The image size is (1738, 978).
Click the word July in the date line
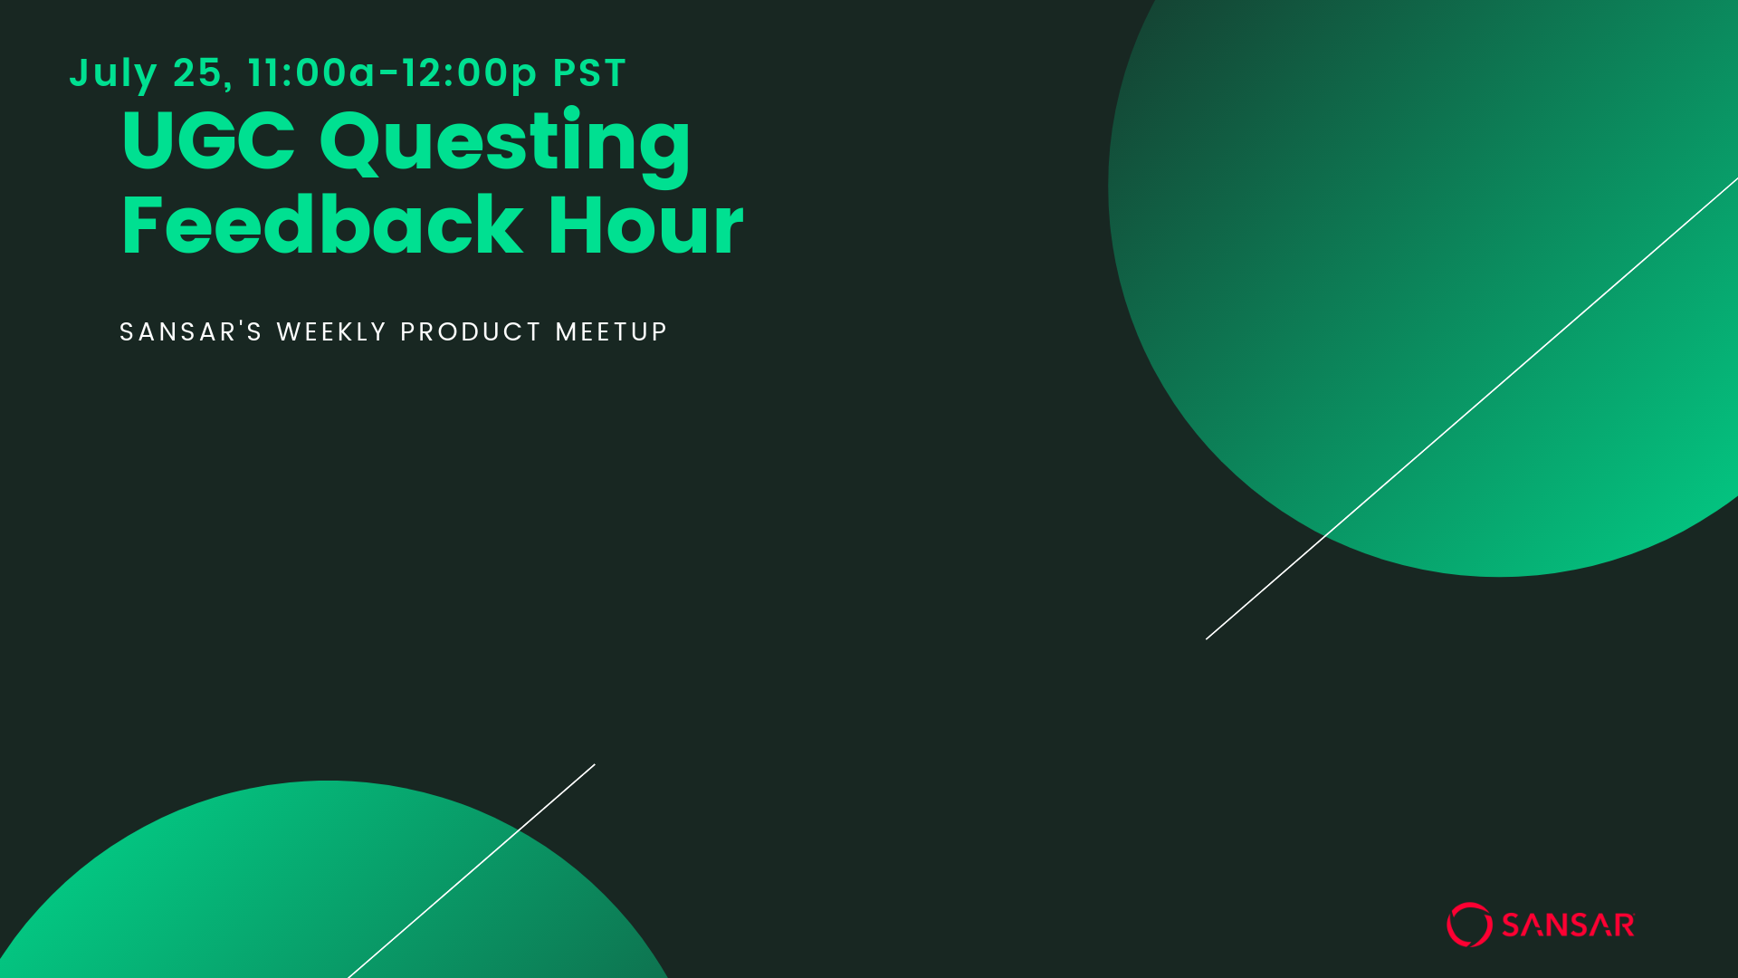113,74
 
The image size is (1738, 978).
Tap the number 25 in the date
197,72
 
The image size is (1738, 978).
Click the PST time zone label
589,72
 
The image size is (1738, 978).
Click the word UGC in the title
208,140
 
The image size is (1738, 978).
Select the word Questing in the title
505,146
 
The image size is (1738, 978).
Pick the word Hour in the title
645,225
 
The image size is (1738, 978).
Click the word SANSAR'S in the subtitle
191,331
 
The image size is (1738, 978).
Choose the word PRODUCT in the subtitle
471,331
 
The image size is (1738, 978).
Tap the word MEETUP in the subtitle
611,331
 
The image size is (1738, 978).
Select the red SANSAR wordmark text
1568,925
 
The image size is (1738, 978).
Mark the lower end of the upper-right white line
1207,639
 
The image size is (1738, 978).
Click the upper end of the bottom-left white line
595,764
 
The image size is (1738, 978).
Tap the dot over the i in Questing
571,113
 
